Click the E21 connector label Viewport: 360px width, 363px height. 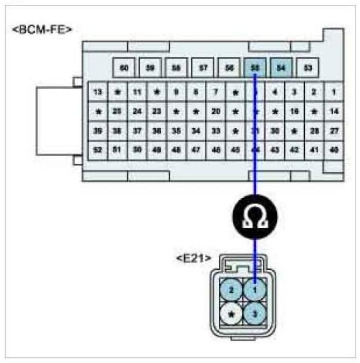click(x=194, y=258)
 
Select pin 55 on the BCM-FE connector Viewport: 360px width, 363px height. click(x=255, y=69)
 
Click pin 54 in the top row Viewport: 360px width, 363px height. click(x=281, y=69)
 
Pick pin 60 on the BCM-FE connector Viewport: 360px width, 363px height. click(x=124, y=69)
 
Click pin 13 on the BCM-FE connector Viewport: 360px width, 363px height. click(x=98, y=91)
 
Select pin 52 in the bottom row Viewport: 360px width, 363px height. click(x=98, y=149)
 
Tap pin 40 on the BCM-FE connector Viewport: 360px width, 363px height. click(x=334, y=149)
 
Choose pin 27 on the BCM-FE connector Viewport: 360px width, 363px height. click(x=334, y=130)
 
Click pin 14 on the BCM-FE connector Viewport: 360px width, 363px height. click(x=334, y=111)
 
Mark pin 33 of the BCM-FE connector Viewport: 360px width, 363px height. click(x=216, y=130)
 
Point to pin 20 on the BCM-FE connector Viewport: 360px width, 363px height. click(x=216, y=111)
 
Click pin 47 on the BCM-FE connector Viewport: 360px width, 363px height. click(x=196, y=149)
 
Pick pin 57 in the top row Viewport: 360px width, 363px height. click(x=203, y=69)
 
